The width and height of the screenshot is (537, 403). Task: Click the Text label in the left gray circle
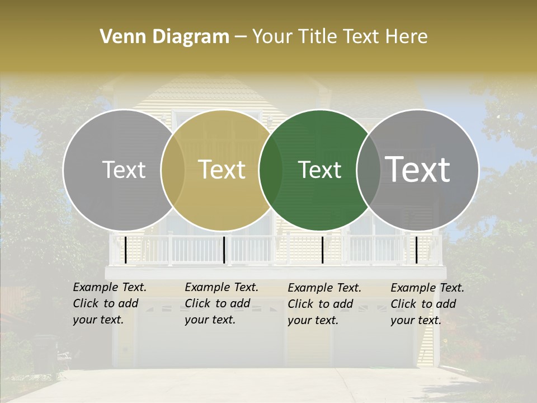124,170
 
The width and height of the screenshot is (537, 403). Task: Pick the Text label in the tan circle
222,170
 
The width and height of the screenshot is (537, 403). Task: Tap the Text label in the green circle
320,170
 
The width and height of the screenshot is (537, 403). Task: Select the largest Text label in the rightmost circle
418,170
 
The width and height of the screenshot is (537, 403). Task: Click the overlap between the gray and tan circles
173,170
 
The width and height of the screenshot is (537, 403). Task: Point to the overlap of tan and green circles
271,170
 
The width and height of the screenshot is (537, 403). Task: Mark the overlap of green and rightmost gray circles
369,170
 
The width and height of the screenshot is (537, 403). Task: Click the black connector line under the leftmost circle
125,250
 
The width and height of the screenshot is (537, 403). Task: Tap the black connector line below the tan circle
224,250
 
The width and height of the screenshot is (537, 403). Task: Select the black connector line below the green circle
323,250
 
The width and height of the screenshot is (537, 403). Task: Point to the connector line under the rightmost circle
416,250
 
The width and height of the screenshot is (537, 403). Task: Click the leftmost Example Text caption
109,303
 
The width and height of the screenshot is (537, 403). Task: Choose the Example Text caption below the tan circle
221,303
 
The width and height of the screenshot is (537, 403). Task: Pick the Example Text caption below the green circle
324,303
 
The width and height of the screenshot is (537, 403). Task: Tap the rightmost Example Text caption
427,303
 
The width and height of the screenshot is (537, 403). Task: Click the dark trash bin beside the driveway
45,353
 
